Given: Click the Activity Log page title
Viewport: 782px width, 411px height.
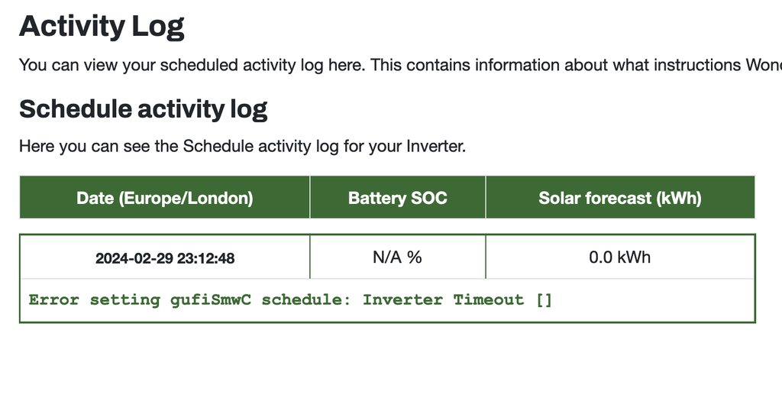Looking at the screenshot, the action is pos(102,27).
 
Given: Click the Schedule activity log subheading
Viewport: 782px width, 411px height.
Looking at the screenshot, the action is pos(143,109).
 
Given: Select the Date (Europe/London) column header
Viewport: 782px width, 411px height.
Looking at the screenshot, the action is pos(165,198).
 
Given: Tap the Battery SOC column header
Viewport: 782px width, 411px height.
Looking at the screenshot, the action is pos(397,198).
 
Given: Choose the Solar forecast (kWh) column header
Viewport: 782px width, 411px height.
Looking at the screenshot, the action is pos(620,198).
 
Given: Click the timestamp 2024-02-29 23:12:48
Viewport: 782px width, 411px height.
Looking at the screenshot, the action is pos(165,258).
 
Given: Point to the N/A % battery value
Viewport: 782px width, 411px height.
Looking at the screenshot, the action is pos(397,257).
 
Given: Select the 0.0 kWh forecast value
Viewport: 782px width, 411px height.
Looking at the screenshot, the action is pos(620,257).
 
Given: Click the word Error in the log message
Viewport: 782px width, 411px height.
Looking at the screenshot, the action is pos(54,299).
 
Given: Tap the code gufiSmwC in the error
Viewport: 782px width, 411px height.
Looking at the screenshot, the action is pos(211,299).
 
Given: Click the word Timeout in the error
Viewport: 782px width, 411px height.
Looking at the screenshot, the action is pos(488,299).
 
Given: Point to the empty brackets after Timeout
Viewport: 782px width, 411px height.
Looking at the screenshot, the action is pos(544,300).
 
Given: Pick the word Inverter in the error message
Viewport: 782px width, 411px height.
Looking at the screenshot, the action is pos(402,299).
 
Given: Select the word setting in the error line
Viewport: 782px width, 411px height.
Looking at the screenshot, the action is pos(124,300).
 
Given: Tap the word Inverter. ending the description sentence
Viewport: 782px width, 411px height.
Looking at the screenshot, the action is pos(436,146).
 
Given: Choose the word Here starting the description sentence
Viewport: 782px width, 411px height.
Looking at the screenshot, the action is pos(37,146).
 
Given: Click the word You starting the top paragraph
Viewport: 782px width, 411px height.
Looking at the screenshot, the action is pos(33,66).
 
